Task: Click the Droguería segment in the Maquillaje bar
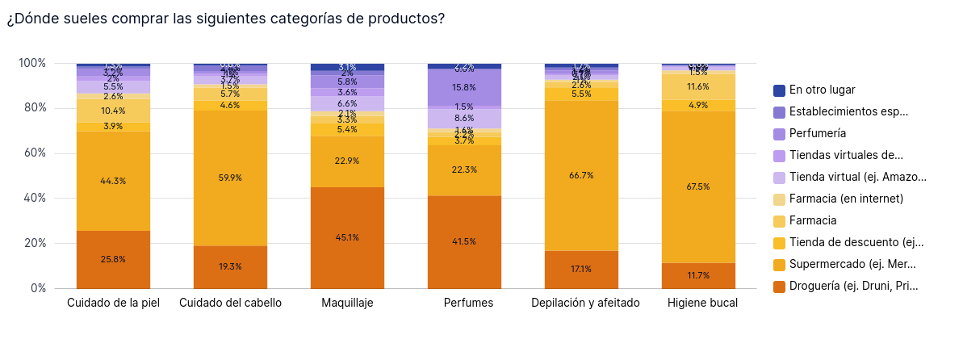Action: (347, 237)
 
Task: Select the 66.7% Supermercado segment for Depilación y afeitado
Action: (581, 175)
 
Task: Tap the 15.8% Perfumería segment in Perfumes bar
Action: (464, 87)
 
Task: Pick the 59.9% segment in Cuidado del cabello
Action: (230, 178)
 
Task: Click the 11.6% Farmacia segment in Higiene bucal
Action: (698, 86)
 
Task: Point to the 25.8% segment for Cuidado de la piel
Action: (113, 259)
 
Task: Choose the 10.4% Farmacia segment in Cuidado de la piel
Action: (113, 111)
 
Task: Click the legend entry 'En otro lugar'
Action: (822, 90)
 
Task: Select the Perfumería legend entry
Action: (818, 134)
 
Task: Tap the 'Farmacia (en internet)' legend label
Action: (846, 199)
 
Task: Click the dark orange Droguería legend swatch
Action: (779, 286)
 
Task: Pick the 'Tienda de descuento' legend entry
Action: (856, 242)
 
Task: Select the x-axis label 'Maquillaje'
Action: (347, 303)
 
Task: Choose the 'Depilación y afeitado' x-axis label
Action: (585, 303)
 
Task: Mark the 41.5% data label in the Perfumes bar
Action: (464, 241)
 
